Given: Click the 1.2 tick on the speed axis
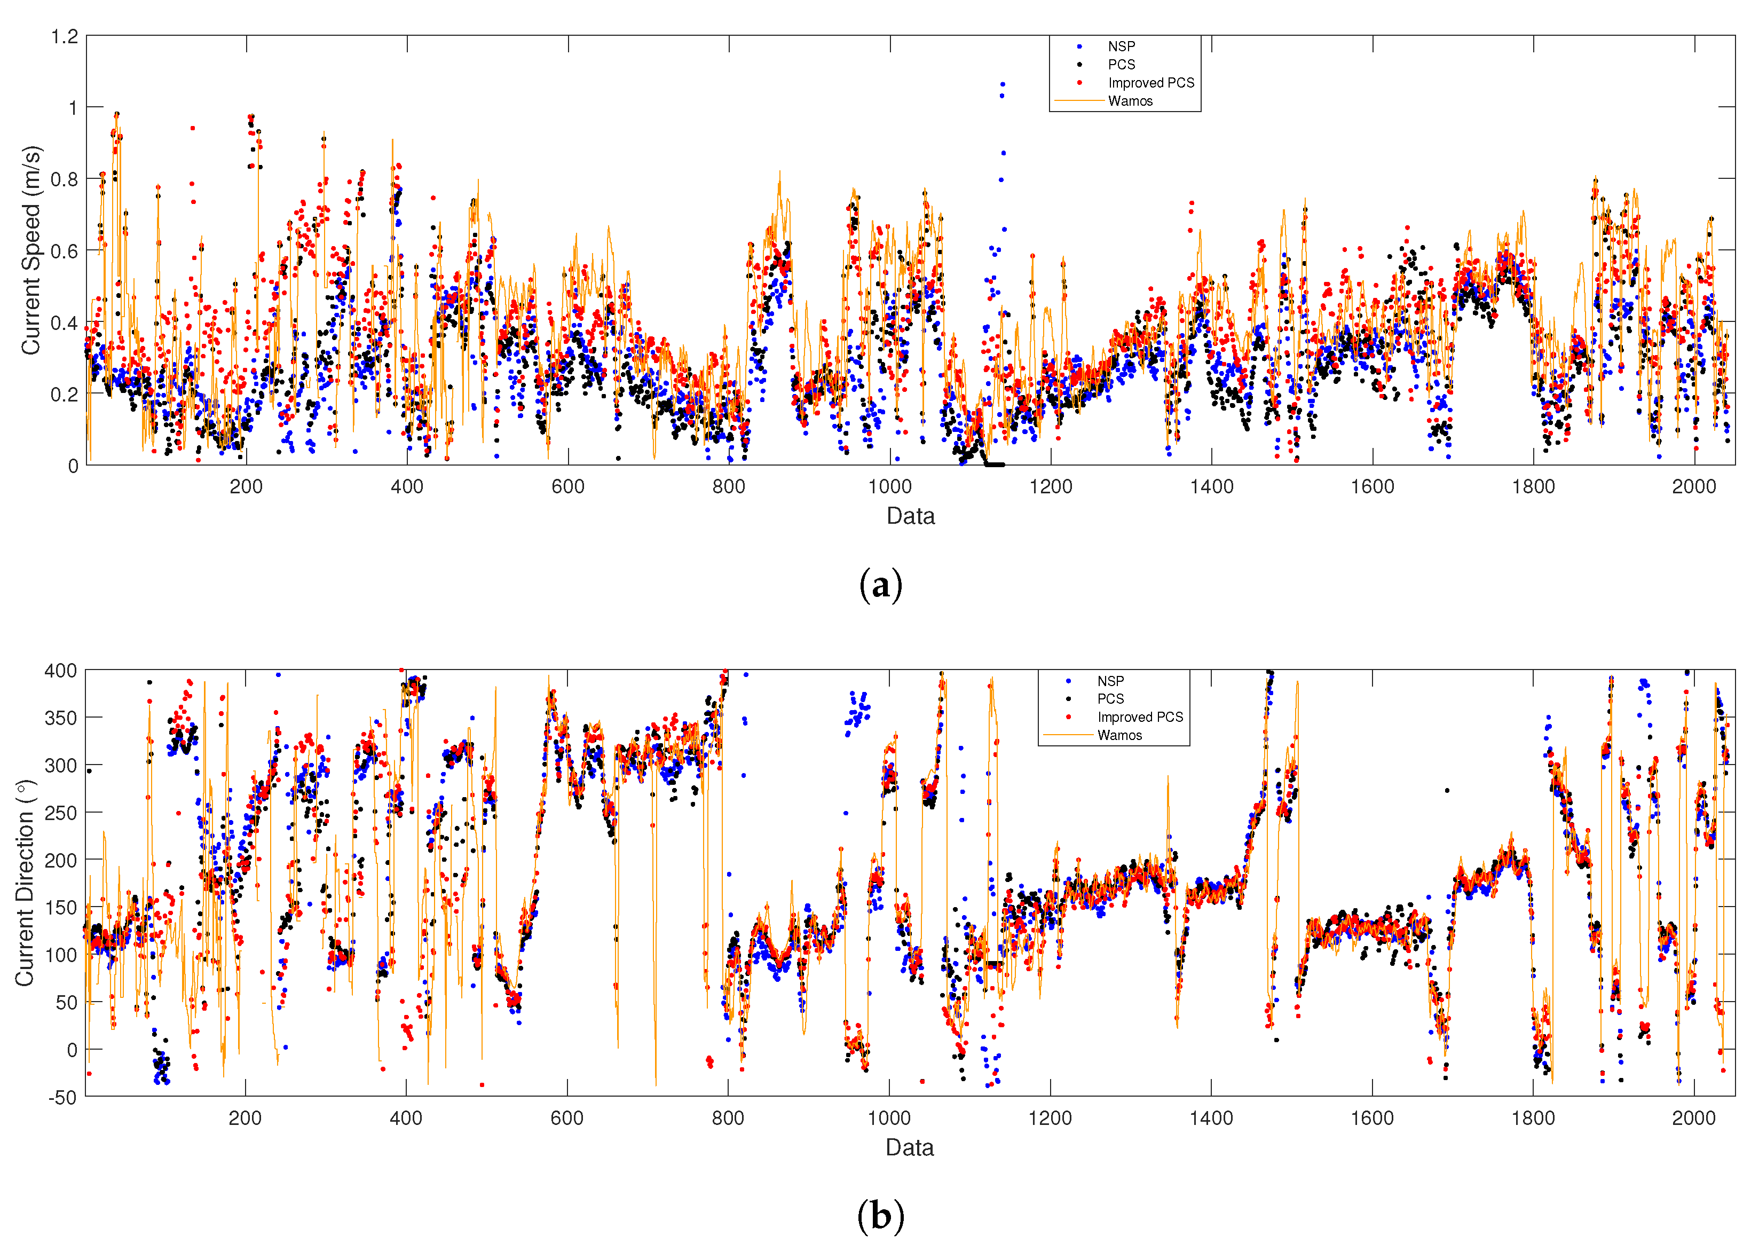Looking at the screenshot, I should [65, 37].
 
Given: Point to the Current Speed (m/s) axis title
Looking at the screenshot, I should [30, 250].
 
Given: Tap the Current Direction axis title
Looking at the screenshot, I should [25, 883].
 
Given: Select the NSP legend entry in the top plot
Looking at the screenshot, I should [1121, 47].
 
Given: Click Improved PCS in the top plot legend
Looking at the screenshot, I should [1150, 83].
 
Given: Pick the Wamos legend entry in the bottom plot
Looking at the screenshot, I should [1118, 735].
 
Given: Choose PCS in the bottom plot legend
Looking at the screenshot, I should [1110, 698].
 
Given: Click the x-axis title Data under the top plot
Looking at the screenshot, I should [910, 516].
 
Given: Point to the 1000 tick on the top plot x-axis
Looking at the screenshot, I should [889, 486].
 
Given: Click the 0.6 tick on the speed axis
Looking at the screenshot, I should [65, 251].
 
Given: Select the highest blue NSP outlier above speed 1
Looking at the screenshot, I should [1003, 84].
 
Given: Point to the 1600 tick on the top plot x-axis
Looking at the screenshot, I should [1372, 486].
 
